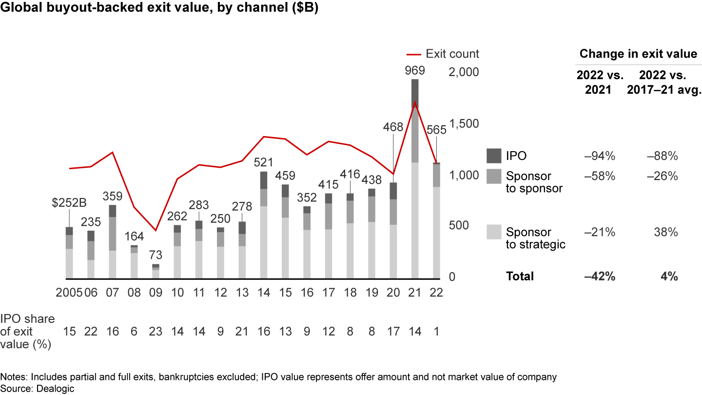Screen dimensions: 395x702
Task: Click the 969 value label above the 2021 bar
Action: (x=415, y=70)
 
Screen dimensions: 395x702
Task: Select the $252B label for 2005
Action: (x=70, y=202)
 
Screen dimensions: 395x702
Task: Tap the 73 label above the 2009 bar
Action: (x=156, y=255)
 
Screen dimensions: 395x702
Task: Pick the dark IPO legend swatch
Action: (x=493, y=156)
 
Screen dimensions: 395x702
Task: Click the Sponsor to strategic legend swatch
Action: (x=493, y=232)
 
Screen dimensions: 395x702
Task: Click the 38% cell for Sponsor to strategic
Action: (x=666, y=233)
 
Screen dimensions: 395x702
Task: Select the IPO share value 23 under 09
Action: (x=156, y=332)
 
